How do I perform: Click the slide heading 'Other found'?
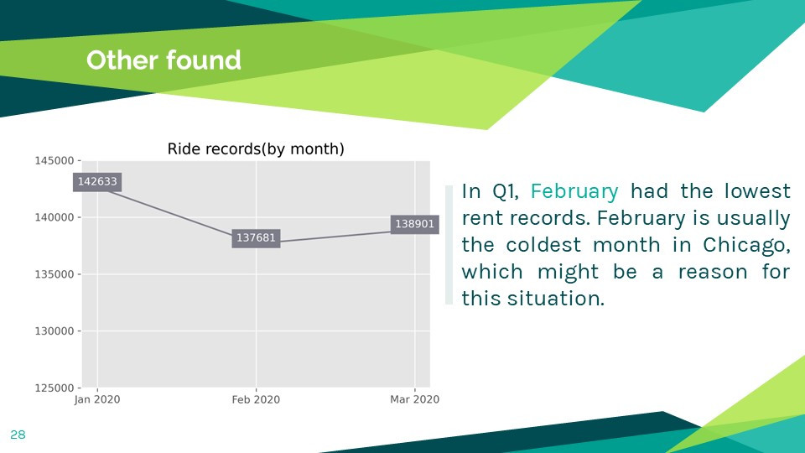tap(164, 60)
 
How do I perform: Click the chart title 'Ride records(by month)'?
tap(256, 149)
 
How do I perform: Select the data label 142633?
tap(97, 182)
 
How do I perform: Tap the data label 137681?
tap(256, 237)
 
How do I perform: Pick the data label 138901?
tap(414, 224)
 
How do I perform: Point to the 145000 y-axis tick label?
tap(55, 161)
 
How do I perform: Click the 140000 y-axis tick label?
tap(55, 217)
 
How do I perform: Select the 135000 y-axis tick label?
tap(55, 274)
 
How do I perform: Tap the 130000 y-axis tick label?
tap(55, 331)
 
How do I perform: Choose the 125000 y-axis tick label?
tap(55, 388)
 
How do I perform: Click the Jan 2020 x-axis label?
tap(97, 399)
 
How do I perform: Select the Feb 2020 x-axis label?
tap(256, 399)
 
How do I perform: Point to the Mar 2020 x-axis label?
tap(414, 399)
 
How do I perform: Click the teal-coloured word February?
tap(574, 191)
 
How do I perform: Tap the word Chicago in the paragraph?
tap(746, 245)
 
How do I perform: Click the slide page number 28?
tap(18, 435)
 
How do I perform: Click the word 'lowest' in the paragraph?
tap(757, 191)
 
